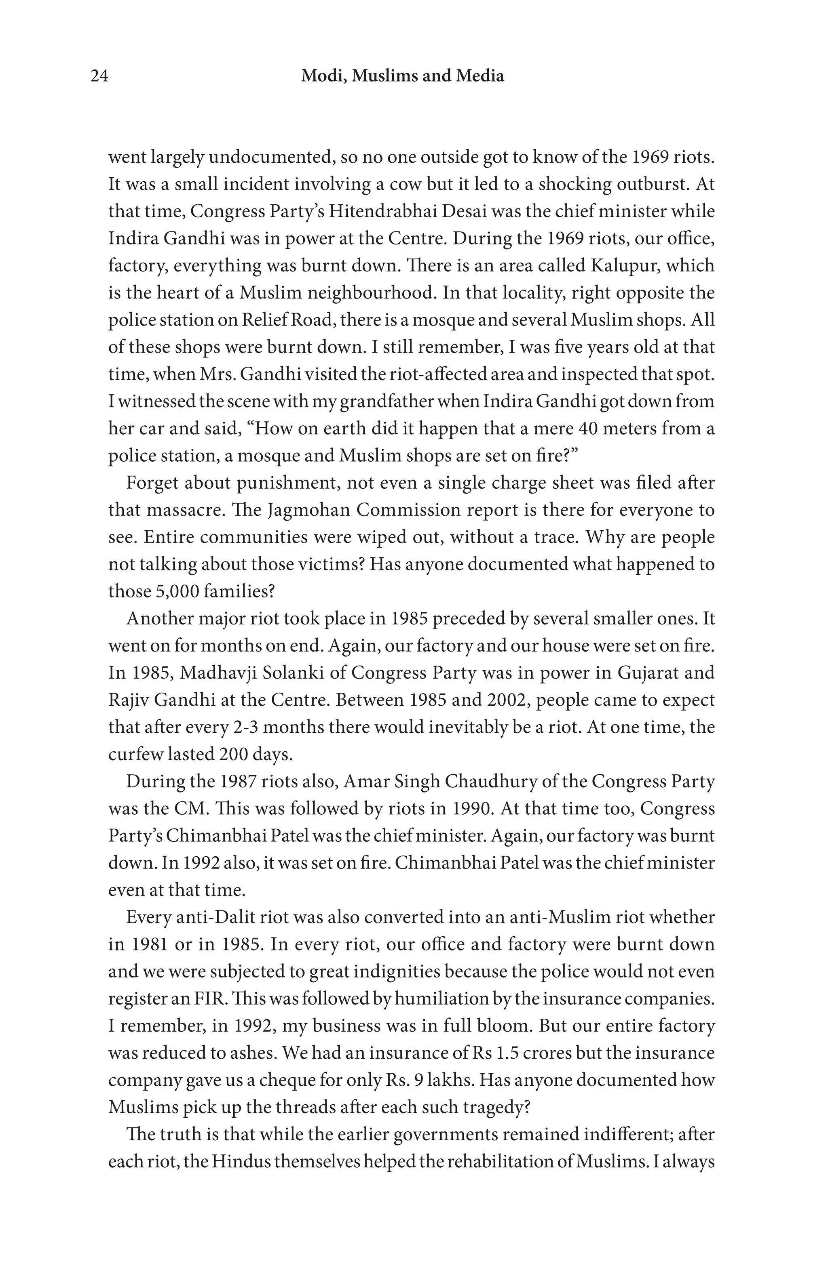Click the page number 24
point(99,76)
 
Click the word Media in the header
point(480,76)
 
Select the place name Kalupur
point(623,265)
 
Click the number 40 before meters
point(589,428)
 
